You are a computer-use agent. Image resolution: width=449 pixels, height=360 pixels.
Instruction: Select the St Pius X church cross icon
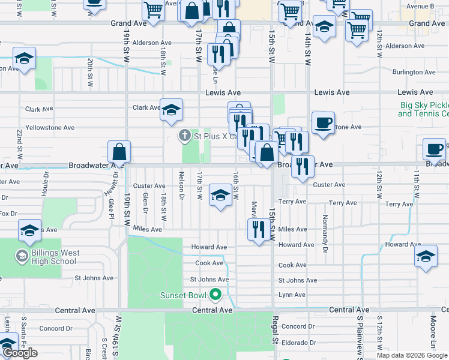click(x=186, y=136)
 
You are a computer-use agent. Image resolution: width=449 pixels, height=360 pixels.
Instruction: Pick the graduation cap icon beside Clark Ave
click(x=171, y=110)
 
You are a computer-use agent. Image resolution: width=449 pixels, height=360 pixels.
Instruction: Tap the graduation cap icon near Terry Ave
click(x=220, y=196)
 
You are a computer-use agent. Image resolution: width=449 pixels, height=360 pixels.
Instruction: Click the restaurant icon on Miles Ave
click(x=258, y=230)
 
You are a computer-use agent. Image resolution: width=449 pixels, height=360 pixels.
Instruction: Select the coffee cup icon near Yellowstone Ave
click(x=323, y=124)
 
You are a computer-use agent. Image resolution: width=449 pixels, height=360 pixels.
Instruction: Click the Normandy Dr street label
click(x=325, y=233)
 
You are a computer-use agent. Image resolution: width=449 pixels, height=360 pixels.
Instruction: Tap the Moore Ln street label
click(x=433, y=338)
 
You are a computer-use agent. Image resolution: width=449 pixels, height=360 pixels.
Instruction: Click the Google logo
click(x=20, y=353)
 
